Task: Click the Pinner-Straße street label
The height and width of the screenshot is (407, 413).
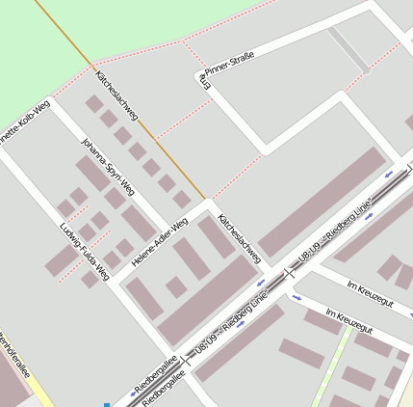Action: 229,65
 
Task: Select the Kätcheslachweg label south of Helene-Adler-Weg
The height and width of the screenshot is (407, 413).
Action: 240,238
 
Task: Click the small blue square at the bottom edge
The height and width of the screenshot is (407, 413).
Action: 107,404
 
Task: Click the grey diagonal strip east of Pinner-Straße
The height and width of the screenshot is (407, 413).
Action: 348,50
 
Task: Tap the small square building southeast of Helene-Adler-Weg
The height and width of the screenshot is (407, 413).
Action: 176,286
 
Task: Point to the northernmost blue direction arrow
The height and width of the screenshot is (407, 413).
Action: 390,175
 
